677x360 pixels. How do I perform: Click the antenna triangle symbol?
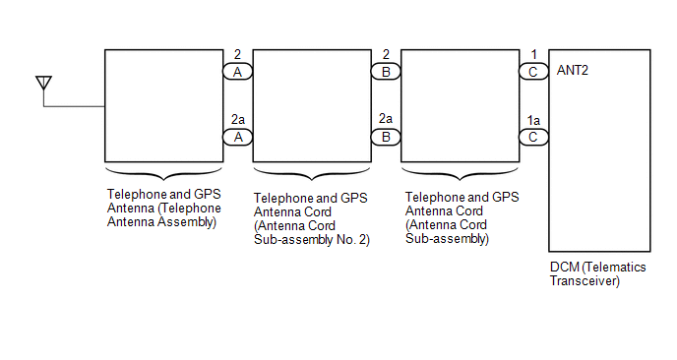(43, 82)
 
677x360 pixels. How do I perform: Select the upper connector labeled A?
(237, 72)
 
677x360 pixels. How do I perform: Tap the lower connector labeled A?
(237, 138)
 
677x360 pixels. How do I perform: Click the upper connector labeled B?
(386, 72)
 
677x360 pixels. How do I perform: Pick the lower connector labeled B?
(386, 138)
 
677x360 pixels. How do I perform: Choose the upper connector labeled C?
(533, 72)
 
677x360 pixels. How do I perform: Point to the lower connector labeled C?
(533, 138)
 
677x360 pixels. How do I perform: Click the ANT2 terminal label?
(572, 71)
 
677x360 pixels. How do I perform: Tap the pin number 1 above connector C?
(534, 54)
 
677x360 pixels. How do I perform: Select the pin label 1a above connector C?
(533, 120)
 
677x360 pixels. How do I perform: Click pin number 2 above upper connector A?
(237, 54)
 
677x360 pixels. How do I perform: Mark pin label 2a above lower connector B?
(386, 118)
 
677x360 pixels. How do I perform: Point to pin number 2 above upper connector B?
(386, 54)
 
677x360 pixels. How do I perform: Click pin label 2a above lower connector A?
(238, 119)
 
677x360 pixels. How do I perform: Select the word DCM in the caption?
(564, 268)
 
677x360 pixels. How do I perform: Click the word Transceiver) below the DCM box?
(585, 281)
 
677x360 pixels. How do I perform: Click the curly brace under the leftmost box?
(164, 174)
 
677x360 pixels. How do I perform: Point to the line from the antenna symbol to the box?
(74, 106)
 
